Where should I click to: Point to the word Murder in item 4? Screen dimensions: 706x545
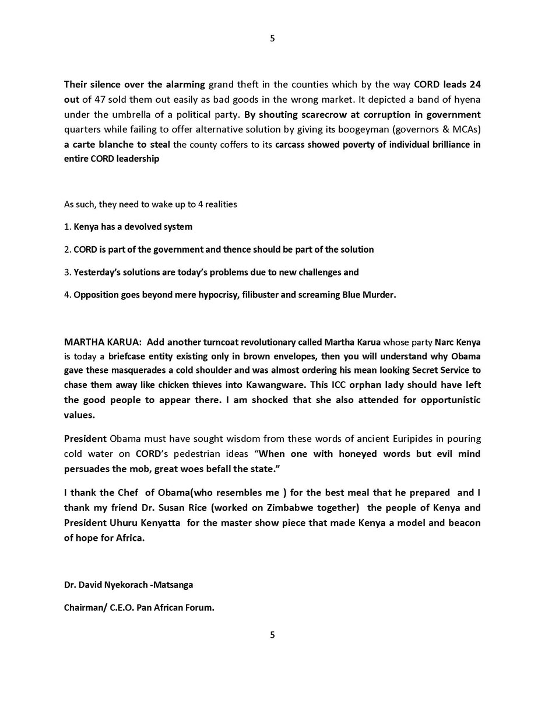379,295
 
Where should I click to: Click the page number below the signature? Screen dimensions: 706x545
272,635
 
